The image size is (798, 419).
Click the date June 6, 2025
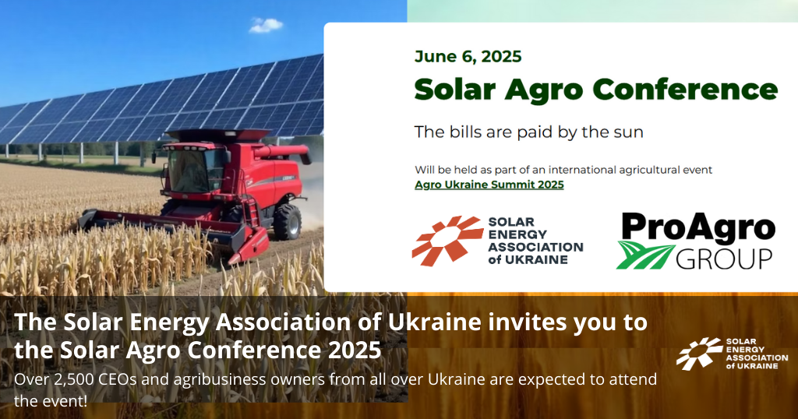pos(468,56)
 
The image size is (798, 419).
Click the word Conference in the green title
pos(685,90)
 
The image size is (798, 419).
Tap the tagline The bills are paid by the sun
pos(529,132)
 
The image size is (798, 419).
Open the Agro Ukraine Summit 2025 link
pos(489,185)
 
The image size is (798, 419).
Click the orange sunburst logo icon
pos(447,240)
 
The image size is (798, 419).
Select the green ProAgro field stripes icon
pos(645,255)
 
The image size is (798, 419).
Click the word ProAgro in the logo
pos(697,227)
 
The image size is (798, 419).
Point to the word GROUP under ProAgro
pos(724,259)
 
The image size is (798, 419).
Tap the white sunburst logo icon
pos(699,353)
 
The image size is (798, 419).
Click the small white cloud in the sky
pos(266,25)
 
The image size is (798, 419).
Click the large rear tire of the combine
pos(288,222)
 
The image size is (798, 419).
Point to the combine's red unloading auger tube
pos(281,153)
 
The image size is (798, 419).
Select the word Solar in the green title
pos(455,90)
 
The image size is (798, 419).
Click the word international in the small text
pos(581,170)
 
